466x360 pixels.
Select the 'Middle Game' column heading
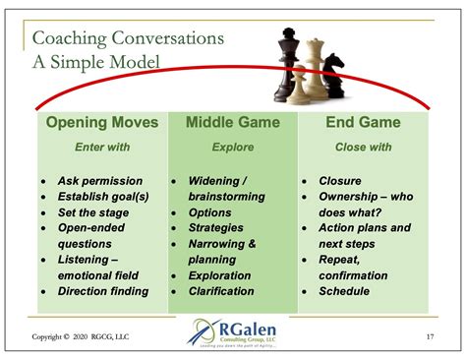coord(233,123)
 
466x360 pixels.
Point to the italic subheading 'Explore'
coord(233,147)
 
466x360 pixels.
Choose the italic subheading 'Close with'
coord(363,147)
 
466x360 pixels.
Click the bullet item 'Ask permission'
coord(100,181)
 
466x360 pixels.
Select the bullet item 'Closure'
coord(340,181)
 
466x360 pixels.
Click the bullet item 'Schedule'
coord(344,291)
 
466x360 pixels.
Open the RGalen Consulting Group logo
coord(233,334)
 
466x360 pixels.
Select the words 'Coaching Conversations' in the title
coord(128,38)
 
